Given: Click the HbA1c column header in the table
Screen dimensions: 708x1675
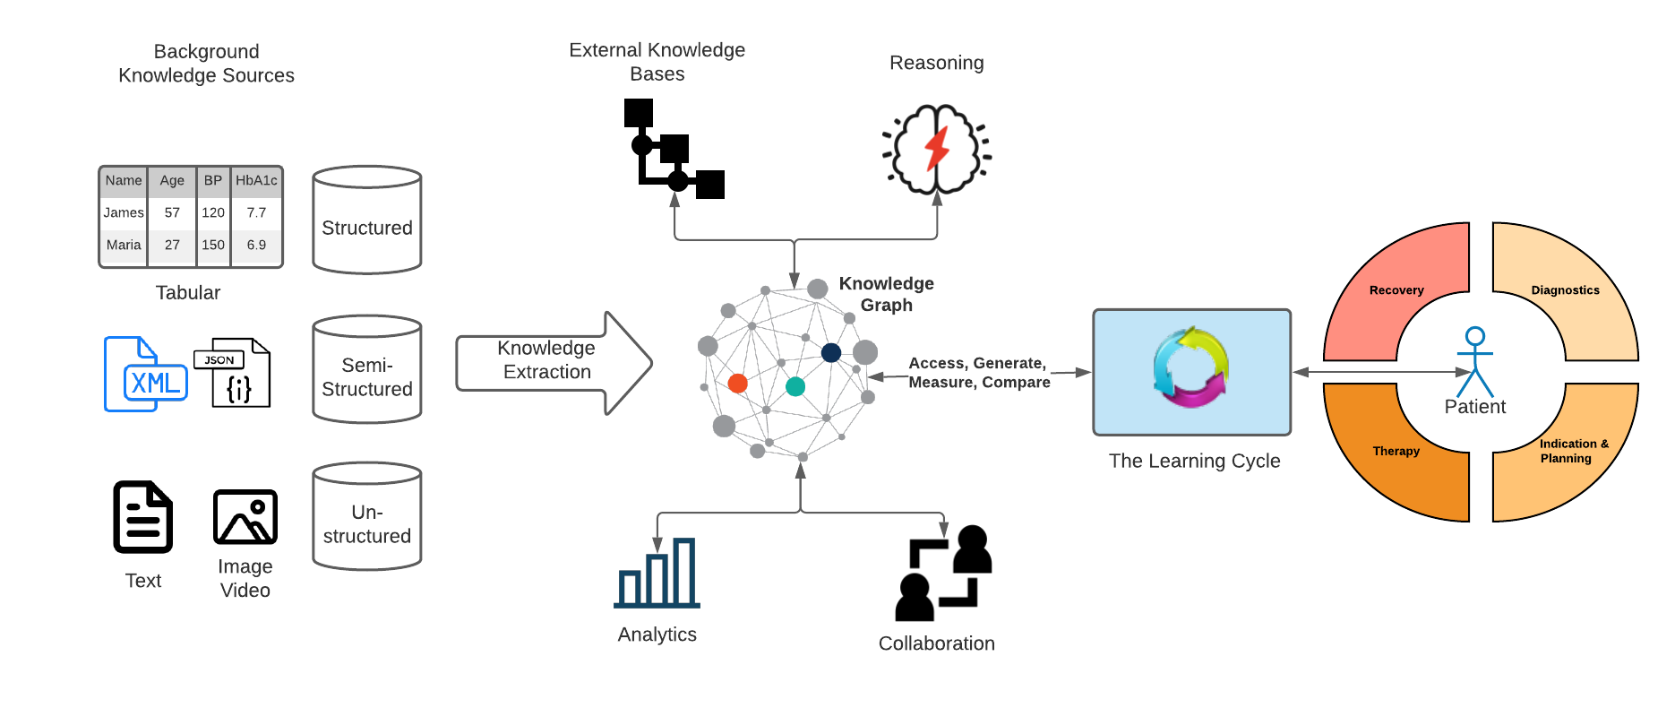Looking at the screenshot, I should click(256, 181).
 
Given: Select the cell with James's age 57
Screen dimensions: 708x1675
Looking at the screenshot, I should click(172, 212).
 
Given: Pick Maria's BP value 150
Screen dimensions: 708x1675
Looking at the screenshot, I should click(213, 245).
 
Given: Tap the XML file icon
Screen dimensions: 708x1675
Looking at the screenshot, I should click(145, 375).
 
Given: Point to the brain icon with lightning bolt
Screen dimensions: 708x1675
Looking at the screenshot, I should click(936, 150).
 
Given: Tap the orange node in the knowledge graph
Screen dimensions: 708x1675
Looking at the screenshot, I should click(738, 384).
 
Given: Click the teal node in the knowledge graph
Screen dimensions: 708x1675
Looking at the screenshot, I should click(795, 386).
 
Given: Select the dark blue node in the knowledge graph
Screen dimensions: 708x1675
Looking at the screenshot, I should click(831, 352).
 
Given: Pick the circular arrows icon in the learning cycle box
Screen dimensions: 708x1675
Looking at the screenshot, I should click(1190, 368).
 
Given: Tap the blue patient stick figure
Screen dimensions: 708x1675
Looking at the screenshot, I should click(1474, 362).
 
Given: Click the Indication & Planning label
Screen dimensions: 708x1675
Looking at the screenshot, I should click(1574, 451).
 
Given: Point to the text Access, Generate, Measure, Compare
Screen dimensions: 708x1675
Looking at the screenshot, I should click(978, 373).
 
